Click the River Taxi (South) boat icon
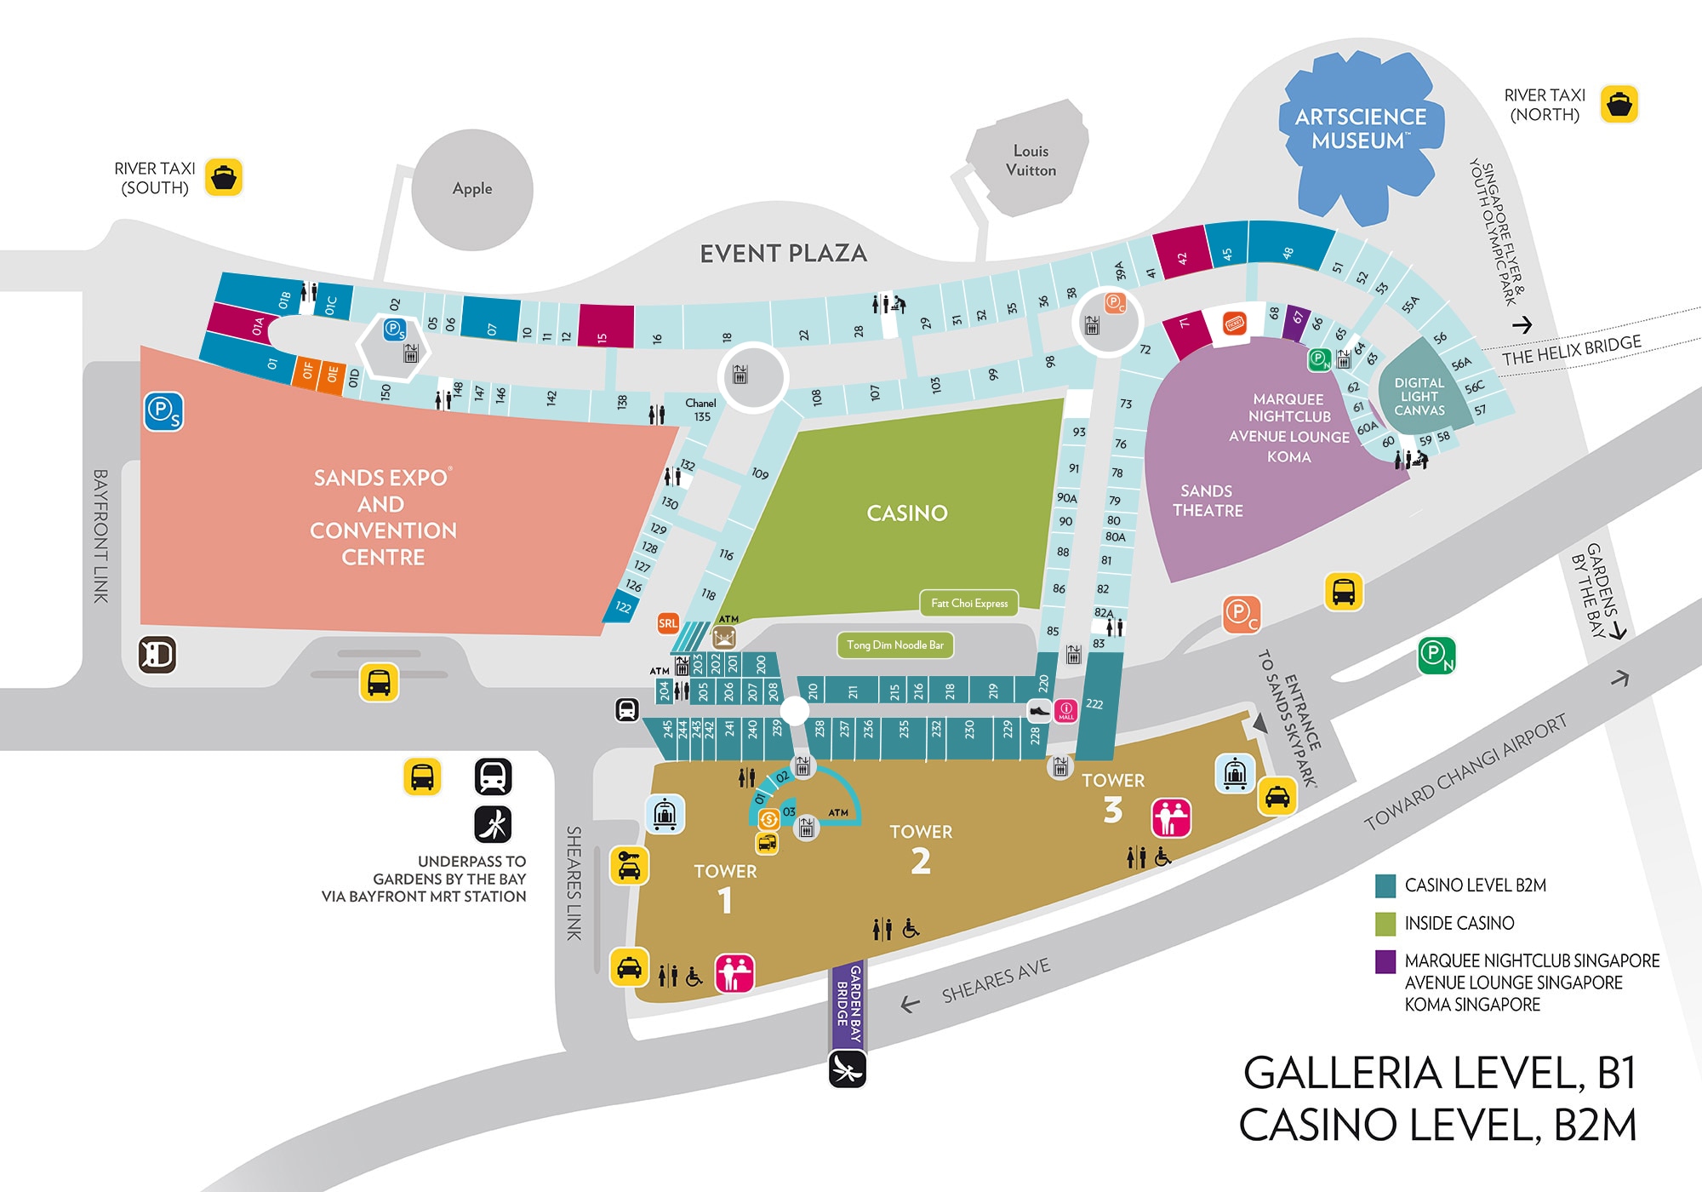coord(224,178)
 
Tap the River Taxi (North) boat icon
coord(1619,105)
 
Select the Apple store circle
coord(472,189)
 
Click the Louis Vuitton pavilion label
coord(1031,160)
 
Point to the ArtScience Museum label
coord(1360,129)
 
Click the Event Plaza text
coord(783,254)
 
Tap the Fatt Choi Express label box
coord(969,603)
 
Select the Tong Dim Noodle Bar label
coord(895,645)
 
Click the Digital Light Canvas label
coord(1419,396)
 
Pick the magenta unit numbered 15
coord(606,326)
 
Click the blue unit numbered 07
coord(490,319)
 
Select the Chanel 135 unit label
coord(700,410)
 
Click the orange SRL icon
coord(668,623)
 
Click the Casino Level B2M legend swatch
coord(1385,885)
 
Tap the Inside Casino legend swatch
coord(1385,923)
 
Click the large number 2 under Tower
coord(921,862)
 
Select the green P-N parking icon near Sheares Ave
coord(1436,655)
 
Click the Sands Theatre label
coord(1207,501)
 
